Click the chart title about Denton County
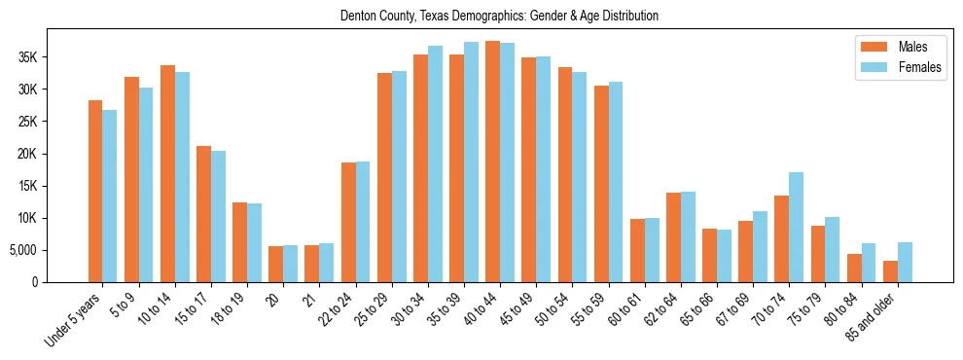click(499, 17)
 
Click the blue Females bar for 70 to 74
click(796, 227)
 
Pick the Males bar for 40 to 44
click(493, 162)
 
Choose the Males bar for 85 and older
click(890, 271)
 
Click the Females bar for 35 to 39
click(471, 162)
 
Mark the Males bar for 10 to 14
click(167, 173)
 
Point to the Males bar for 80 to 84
click(854, 268)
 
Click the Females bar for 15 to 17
click(218, 216)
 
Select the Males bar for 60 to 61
click(637, 250)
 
